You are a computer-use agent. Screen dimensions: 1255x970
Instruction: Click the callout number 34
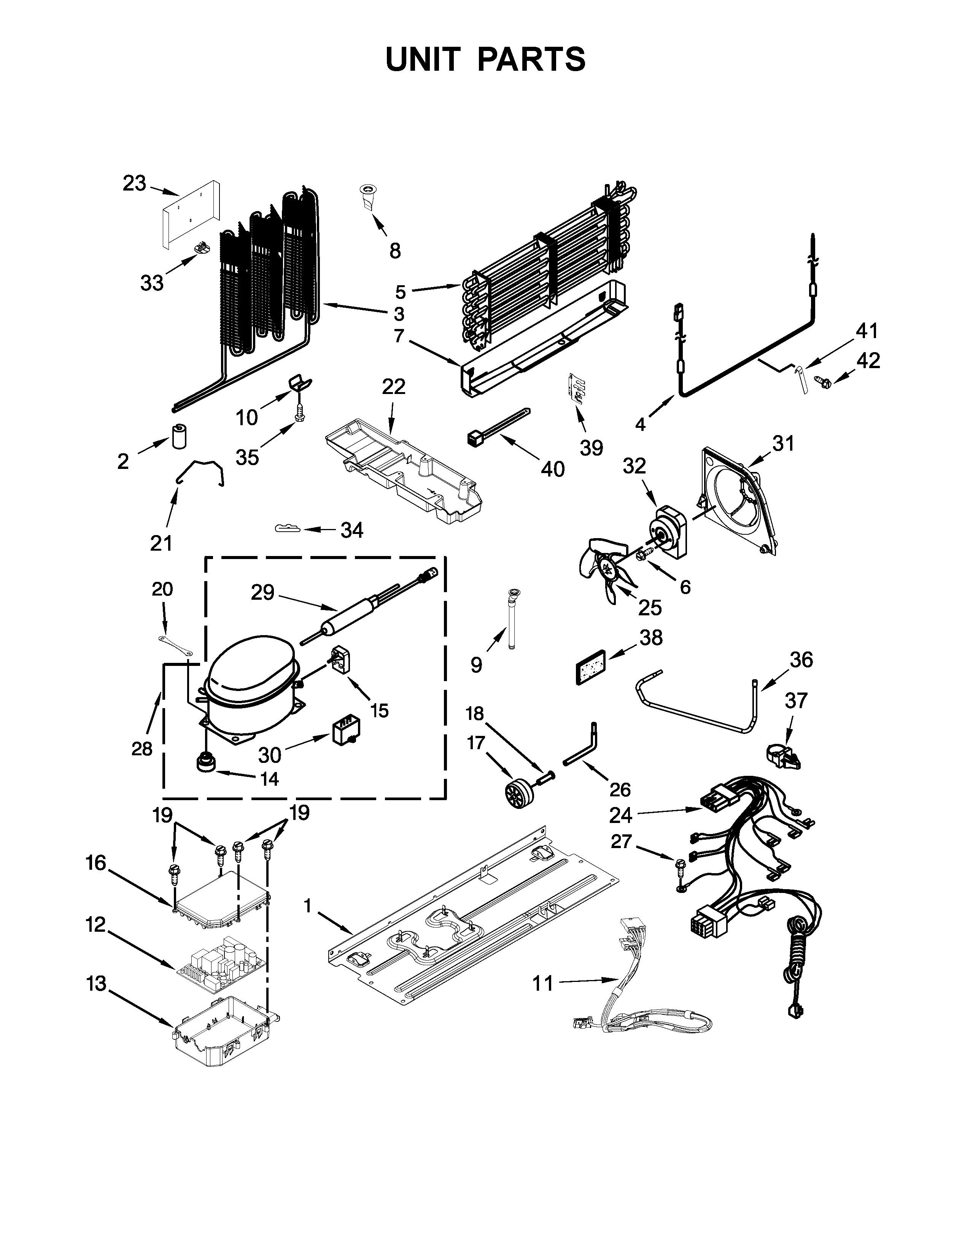[352, 530]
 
